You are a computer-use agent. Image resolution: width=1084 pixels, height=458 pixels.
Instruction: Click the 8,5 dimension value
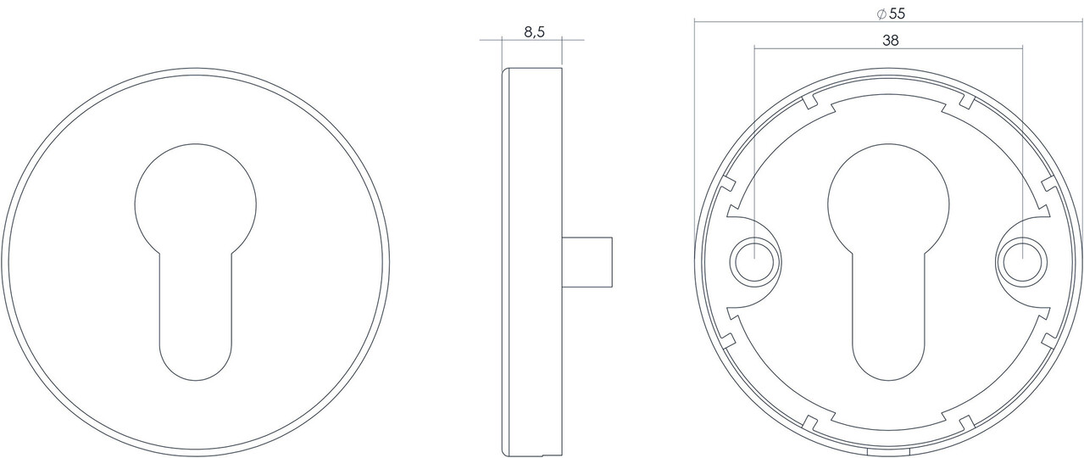point(533,32)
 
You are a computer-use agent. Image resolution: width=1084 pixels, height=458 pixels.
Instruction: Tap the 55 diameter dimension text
point(897,14)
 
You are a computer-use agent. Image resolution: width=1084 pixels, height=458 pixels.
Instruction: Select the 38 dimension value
point(889,40)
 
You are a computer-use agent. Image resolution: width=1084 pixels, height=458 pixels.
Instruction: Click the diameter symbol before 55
point(881,14)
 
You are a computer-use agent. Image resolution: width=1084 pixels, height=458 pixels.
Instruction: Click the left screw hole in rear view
point(753,260)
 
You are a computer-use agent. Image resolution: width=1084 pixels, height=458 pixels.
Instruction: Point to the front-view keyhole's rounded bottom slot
point(196,339)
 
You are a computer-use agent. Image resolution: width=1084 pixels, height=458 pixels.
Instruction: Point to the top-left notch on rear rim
point(809,103)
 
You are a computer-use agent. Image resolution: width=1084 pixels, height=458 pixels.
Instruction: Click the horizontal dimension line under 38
point(889,48)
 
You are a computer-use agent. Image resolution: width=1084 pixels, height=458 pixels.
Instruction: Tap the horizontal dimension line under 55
point(889,21)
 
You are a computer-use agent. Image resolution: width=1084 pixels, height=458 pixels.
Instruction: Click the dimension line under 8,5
point(532,40)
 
